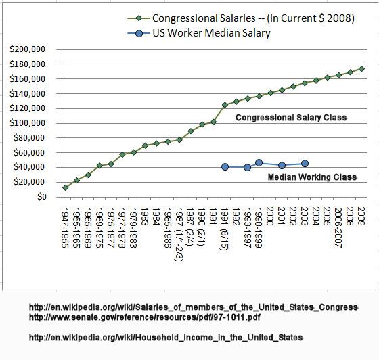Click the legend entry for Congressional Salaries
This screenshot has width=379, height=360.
(241, 18)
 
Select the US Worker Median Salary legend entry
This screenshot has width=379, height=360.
(199, 33)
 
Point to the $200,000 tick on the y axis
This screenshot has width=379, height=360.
(27, 49)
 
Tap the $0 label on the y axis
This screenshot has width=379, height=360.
(41, 197)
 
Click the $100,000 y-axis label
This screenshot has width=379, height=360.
(27, 123)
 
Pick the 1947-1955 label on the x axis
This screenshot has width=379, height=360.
(65, 228)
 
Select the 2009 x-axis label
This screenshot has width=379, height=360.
(361, 217)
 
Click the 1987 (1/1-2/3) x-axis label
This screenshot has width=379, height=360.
(179, 234)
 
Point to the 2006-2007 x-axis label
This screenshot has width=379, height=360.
(338, 227)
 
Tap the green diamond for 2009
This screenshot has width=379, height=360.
(361, 69)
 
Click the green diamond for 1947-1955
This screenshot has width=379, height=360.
(65, 187)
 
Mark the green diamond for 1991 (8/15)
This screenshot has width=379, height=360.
(225, 105)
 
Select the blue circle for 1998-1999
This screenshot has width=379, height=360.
(259, 163)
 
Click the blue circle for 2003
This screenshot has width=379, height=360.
(305, 164)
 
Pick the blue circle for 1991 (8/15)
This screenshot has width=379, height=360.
(225, 166)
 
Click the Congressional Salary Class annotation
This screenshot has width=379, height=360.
(291, 118)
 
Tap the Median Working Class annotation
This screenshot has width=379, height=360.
(312, 177)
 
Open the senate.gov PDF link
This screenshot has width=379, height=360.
(145, 317)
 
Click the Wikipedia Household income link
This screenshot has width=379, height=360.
(166, 337)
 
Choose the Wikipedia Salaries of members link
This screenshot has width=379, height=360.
(194, 307)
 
